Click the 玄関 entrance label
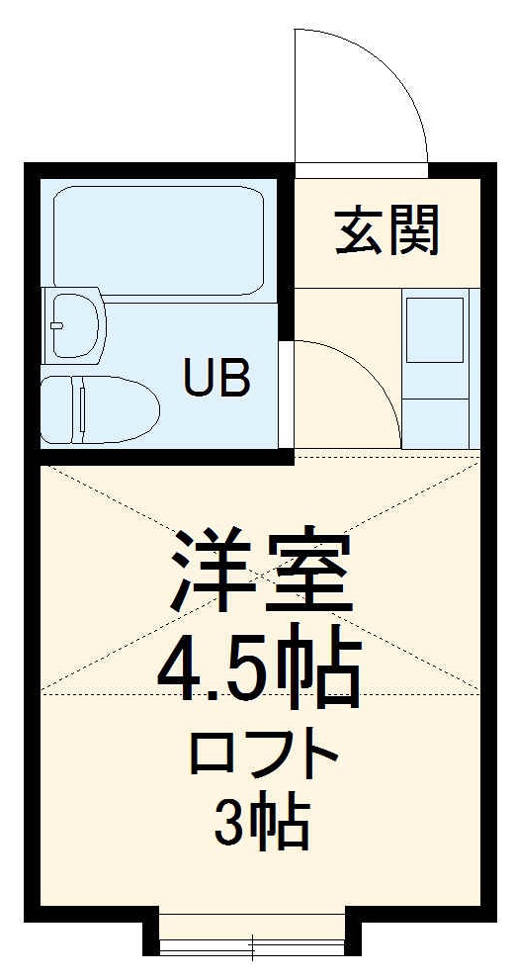386,231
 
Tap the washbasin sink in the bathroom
77,323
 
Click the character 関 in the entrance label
412,231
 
